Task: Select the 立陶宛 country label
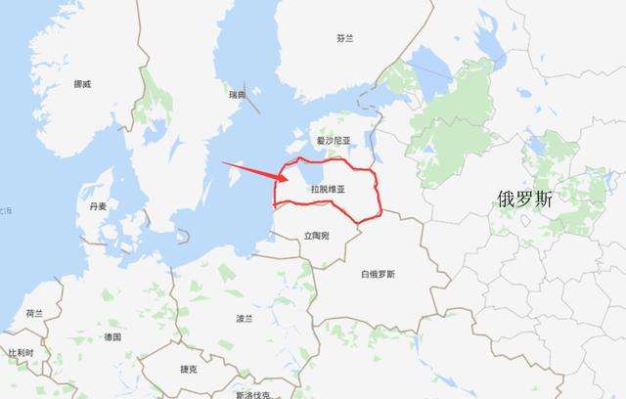click(316, 236)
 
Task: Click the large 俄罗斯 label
click(524, 200)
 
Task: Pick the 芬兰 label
click(343, 39)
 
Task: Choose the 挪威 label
click(82, 84)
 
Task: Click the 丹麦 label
click(98, 207)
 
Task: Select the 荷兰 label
click(34, 313)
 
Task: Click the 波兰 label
click(244, 319)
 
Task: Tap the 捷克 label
click(189, 369)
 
